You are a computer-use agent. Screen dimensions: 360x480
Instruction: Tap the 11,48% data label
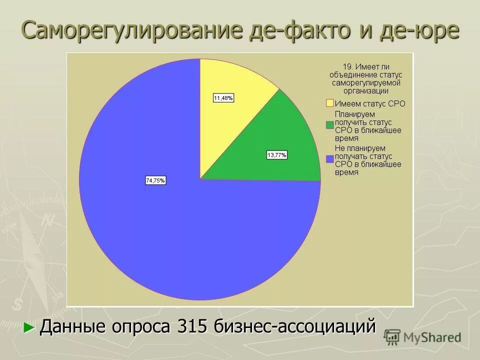click(223, 98)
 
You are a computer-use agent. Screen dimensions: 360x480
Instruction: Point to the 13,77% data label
click(276, 155)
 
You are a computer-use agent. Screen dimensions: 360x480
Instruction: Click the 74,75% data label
click(155, 181)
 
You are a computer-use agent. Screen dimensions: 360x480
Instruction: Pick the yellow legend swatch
click(329, 103)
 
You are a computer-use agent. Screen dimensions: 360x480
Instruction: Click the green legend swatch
click(329, 125)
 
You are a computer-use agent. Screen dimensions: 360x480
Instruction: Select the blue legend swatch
click(329, 159)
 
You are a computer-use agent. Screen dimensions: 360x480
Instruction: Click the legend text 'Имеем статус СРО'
click(369, 103)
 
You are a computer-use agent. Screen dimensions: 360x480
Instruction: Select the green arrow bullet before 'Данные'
click(29, 328)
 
